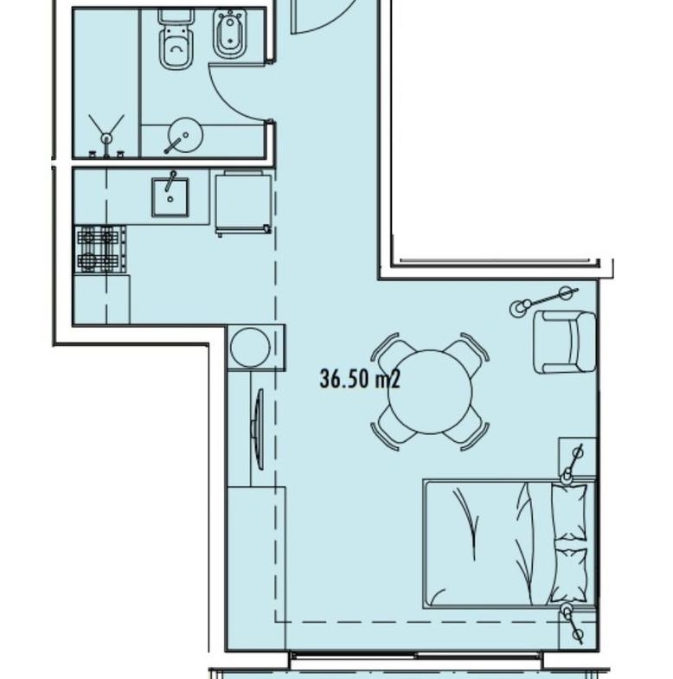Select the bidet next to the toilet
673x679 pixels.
[229, 35]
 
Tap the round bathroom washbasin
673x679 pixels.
[185, 136]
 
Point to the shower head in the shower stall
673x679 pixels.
[106, 138]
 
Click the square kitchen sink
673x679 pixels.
[170, 197]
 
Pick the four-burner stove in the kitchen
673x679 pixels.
[100, 249]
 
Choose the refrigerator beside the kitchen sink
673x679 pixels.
[244, 202]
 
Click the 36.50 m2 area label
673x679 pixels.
[360, 379]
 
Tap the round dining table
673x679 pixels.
[430, 392]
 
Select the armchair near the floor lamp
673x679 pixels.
[565, 343]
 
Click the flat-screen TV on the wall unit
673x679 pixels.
[258, 429]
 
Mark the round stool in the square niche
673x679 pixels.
[250, 348]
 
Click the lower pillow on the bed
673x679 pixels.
[569, 575]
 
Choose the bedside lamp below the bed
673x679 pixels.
[573, 623]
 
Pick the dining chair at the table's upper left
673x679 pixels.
[390, 352]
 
